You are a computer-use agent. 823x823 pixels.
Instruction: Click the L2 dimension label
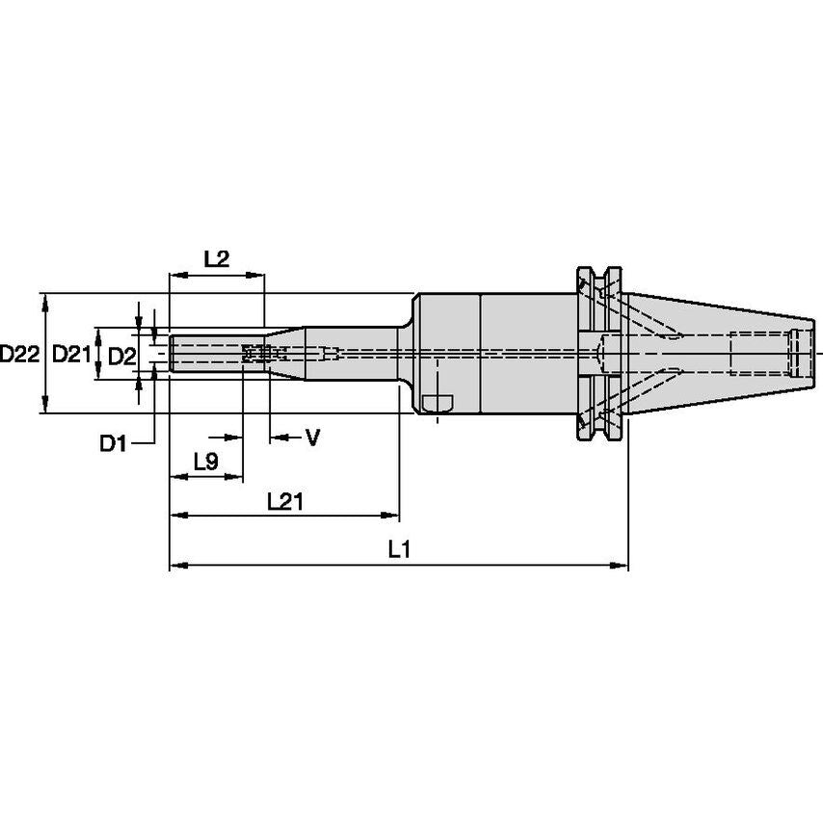click(x=217, y=258)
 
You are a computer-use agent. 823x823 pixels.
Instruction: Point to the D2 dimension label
click(x=120, y=356)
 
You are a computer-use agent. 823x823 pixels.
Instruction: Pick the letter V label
click(x=312, y=438)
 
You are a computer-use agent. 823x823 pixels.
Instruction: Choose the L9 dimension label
click(x=205, y=462)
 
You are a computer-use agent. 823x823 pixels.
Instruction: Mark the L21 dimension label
click(x=285, y=501)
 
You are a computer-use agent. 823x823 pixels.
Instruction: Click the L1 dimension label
click(x=399, y=550)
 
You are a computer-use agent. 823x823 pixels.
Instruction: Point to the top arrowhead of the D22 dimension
click(x=43, y=299)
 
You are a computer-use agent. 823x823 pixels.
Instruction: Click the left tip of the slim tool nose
click(x=173, y=353)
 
